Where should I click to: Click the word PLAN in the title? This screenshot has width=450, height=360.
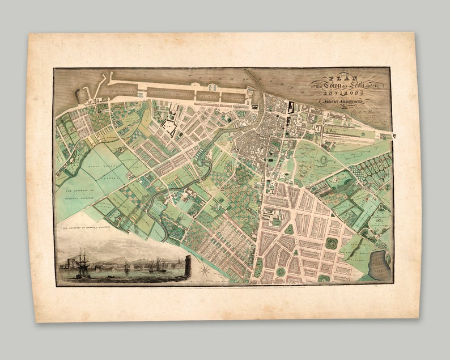[335, 78]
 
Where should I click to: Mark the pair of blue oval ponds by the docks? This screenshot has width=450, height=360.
[213, 88]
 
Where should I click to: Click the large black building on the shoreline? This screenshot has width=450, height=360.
[291, 107]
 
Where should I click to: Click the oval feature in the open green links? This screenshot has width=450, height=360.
[326, 160]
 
